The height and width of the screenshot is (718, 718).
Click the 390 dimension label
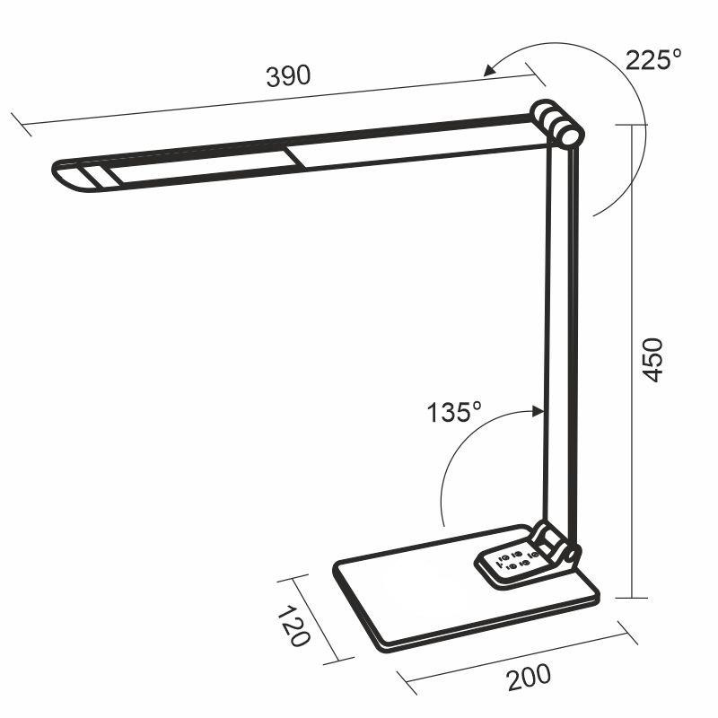click(288, 76)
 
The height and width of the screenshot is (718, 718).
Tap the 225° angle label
click(653, 60)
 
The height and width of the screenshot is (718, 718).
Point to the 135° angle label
click(454, 413)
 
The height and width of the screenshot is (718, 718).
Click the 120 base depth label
click(293, 626)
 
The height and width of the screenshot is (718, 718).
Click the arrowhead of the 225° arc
click(488, 70)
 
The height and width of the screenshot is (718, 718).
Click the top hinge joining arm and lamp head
click(556, 123)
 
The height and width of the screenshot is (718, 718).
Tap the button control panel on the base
click(514, 564)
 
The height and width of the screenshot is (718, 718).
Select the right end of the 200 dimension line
click(628, 634)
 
